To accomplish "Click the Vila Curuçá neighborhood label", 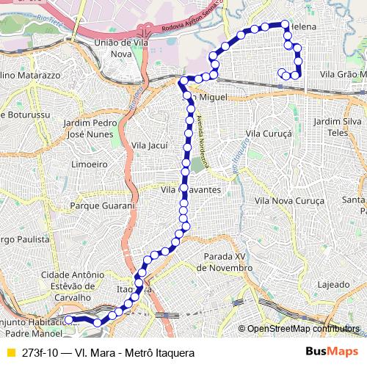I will [x=269, y=134].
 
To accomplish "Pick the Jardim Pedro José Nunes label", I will [x=91, y=129].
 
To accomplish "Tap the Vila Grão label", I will [x=343, y=74].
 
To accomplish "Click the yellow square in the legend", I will [x=10, y=352].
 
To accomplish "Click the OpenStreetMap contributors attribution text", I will [x=305, y=330].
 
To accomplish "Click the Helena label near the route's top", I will [x=303, y=26].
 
